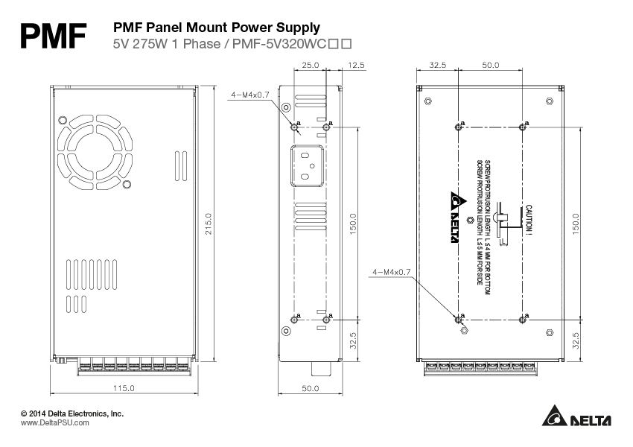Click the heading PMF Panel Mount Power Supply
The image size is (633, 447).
pos(216,28)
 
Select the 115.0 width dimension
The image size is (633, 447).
pos(123,388)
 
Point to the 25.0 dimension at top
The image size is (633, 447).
pos(311,66)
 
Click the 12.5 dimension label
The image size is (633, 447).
pos(356,66)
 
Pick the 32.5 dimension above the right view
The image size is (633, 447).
pos(438,66)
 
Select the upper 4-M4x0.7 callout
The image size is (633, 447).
pos(250,95)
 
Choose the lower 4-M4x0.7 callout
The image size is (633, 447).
pos(392,273)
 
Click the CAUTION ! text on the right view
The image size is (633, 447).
pos(529,221)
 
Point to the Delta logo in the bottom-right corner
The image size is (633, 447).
pos(577,420)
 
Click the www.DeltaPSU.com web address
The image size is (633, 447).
pos(54,422)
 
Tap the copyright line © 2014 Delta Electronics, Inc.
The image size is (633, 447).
pos(71,413)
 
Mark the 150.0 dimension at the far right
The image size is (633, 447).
pos(576,223)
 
